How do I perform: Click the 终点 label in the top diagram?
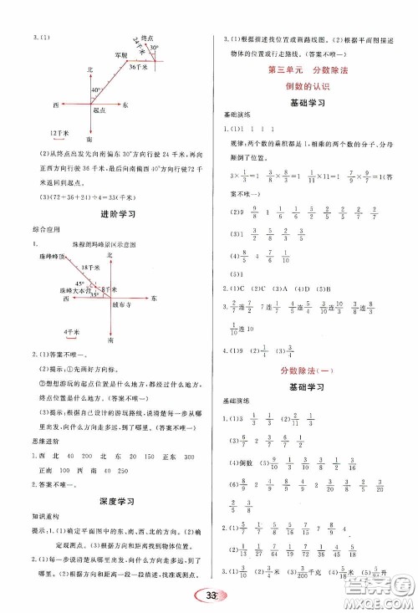pyautogui.click(x=146, y=38)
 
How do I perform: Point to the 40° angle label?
pyautogui.click(x=96, y=89)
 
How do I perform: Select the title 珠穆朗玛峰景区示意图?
pyautogui.click(x=110, y=243)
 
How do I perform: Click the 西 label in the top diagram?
pyautogui.click(x=54, y=106)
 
